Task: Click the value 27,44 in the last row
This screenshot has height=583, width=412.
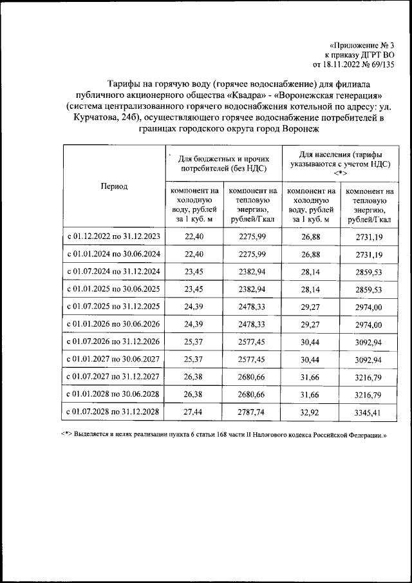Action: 194,410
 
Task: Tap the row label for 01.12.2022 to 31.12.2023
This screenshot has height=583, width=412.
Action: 114,236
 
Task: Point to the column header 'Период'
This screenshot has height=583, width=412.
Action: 114,186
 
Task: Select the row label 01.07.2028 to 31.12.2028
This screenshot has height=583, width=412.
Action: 114,410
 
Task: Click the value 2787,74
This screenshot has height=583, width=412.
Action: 252,410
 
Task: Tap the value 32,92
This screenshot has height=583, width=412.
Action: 311,410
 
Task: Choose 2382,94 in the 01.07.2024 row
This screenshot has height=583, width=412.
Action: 252,271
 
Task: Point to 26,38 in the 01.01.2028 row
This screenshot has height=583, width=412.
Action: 194,393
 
